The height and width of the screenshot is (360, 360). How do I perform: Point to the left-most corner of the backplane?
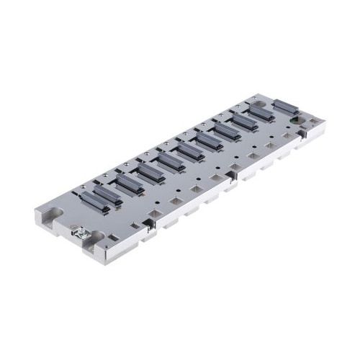pos(34,213)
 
